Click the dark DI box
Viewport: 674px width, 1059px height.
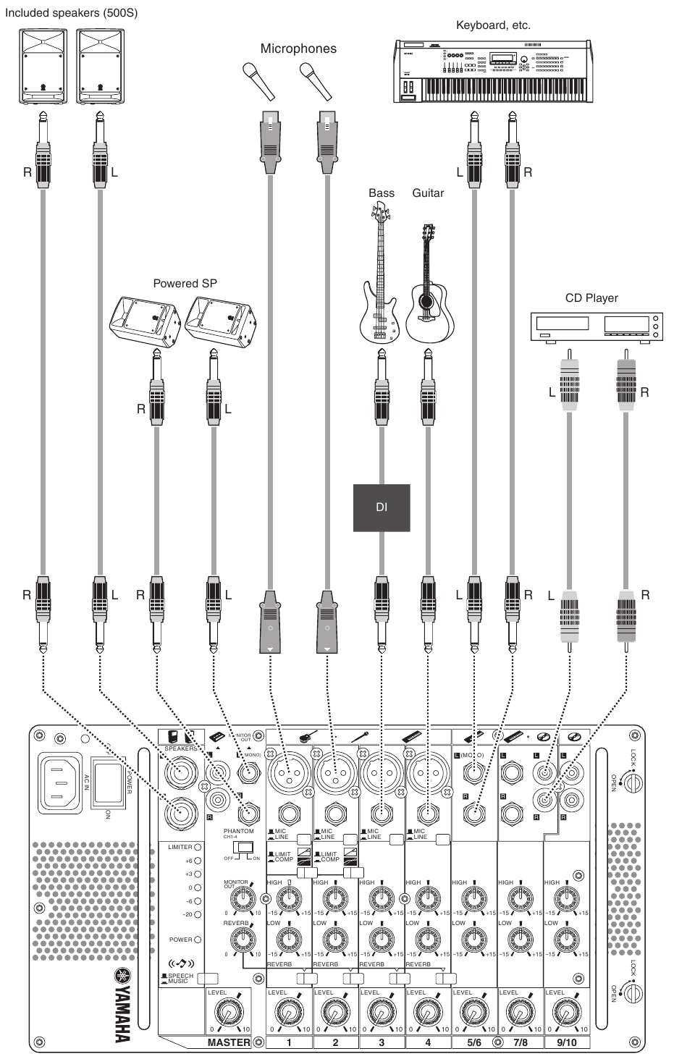(382, 507)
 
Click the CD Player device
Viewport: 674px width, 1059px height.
(596, 326)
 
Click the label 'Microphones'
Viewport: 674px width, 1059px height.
(298, 48)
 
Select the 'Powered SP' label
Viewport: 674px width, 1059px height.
(185, 283)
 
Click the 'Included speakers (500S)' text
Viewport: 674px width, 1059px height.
(71, 13)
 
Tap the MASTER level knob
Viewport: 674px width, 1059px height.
(229, 1012)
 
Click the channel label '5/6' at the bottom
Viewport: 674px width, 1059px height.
(474, 1042)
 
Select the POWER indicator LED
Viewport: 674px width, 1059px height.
(198, 940)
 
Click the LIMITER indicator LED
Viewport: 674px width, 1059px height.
(198, 847)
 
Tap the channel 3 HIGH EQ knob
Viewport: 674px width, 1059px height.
(382, 899)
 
